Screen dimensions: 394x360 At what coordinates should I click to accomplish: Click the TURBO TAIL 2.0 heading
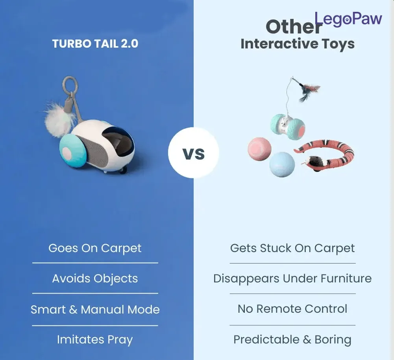(95, 43)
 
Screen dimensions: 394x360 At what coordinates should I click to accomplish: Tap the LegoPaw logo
(348, 19)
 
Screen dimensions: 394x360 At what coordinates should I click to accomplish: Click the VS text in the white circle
(194, 154)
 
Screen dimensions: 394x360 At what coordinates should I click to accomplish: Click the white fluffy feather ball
(59, 119)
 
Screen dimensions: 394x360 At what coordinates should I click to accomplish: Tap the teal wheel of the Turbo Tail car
(72, 151)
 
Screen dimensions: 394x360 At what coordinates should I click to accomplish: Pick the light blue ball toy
(282, 164)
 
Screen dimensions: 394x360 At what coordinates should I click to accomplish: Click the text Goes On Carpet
(95, 249)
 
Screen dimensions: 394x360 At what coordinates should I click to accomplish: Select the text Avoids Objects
(95, 279)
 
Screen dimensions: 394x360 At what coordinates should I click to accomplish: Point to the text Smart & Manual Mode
(95, 310)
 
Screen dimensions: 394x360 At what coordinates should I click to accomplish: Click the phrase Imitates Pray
(95, 340)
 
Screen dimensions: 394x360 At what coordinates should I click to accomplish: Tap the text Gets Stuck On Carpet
(292, 249)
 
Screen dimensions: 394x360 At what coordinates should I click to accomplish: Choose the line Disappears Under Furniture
(292, 278)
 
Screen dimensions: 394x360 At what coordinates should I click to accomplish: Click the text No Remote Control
(292, 309)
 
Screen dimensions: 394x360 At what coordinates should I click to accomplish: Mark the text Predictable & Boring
(292, 340)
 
